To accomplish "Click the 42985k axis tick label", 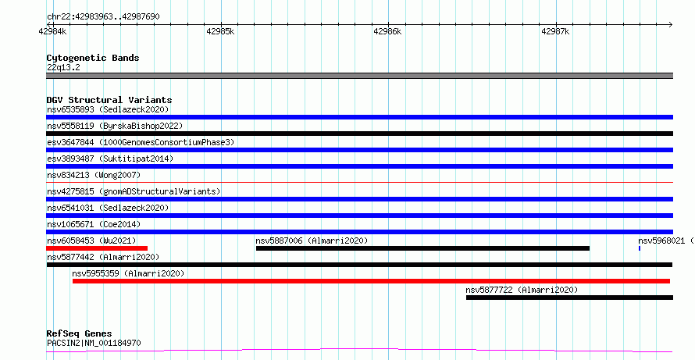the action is [x=220, y=31].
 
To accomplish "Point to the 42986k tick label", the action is [x=387, y=31].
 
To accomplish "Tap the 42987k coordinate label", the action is [x=555, y=31].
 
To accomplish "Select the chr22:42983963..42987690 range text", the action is [x=103, y=17].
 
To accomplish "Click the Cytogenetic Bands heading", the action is [x=93, y=58].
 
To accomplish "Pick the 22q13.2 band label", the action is [x=63, y=67].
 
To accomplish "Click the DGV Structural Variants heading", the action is [x=109, y=100].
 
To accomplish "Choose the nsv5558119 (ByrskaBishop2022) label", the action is [x=115, y=126].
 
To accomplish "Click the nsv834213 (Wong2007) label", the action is [x=94, y=175].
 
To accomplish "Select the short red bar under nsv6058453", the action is [x=97, y=248].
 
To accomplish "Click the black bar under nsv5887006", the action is [x=422, y=248].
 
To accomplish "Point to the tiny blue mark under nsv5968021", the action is [x=639, y=248].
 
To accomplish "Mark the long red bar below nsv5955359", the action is [x=371, y=281].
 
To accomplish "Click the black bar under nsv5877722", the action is [x=569, y=298].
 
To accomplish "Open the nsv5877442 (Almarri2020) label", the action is [x=103, y=257].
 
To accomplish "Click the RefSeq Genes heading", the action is [x=80, y=333].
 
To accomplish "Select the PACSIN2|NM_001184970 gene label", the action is [x=94, y=343].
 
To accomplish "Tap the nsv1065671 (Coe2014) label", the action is [x=94, y=224].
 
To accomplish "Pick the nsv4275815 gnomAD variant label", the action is [x=134, y=191].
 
